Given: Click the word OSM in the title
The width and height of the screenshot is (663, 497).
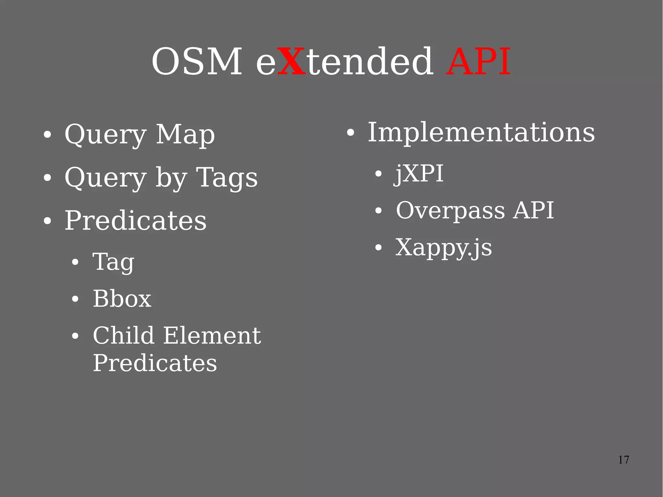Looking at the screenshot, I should [x=197, y=62].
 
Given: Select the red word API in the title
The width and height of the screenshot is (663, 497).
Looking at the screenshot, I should [x=478, y=62].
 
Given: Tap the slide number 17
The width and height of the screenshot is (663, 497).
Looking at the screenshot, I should [x=624, y=460].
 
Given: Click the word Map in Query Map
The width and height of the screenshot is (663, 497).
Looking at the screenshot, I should [x=185, y=134].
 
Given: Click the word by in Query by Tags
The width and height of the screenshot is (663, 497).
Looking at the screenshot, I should [x=171, y=178].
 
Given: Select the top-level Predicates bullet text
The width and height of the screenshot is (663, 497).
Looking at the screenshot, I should [x=135, y=220].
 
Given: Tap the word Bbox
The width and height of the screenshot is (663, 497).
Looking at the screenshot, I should [x=122, y=299].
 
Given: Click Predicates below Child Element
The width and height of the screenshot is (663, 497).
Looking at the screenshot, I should [x=155, y=363].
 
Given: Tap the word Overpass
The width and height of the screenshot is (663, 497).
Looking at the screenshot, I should [x=450, y=211].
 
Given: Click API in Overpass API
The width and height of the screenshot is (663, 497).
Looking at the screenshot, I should [x=534, y=210].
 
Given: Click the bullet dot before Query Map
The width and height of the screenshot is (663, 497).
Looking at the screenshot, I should [x=47, y=135].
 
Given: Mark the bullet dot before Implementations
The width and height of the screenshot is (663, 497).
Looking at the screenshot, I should [x=351, y=133].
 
